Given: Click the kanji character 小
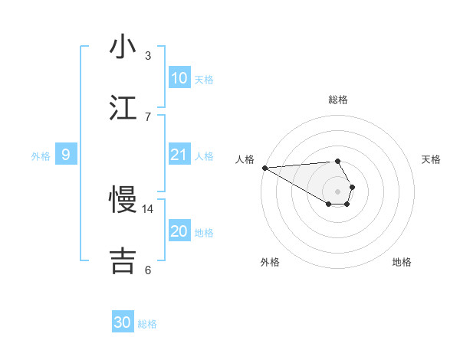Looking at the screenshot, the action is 123,47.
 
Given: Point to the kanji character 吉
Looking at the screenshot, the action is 123,260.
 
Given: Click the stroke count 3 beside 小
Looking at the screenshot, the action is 148,56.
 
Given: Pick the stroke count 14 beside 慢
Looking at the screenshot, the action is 148,208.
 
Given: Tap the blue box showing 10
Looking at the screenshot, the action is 179,78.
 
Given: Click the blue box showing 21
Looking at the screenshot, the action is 179,155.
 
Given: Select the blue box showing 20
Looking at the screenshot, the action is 179,231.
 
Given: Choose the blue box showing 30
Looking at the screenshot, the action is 123,322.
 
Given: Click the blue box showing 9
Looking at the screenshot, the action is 66,155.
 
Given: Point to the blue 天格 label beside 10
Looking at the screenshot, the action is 204,80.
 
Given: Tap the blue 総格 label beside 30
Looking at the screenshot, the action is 147,324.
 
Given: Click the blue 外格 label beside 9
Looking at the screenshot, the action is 41,156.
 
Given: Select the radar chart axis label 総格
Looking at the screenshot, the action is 338,100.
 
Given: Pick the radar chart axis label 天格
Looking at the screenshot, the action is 431,159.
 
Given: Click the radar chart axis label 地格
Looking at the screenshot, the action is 402,262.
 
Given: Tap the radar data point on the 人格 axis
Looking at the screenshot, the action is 264,168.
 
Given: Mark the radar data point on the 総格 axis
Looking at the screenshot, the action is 337,161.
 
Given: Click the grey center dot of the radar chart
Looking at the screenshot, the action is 337,191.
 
